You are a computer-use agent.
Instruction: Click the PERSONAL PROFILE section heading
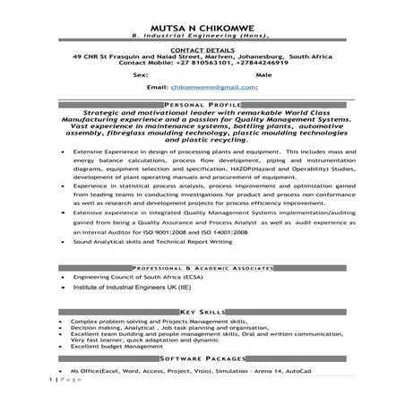[202, 105]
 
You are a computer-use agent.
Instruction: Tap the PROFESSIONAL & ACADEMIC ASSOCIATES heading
[202, 268]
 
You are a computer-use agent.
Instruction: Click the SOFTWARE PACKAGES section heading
[202, 356]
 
